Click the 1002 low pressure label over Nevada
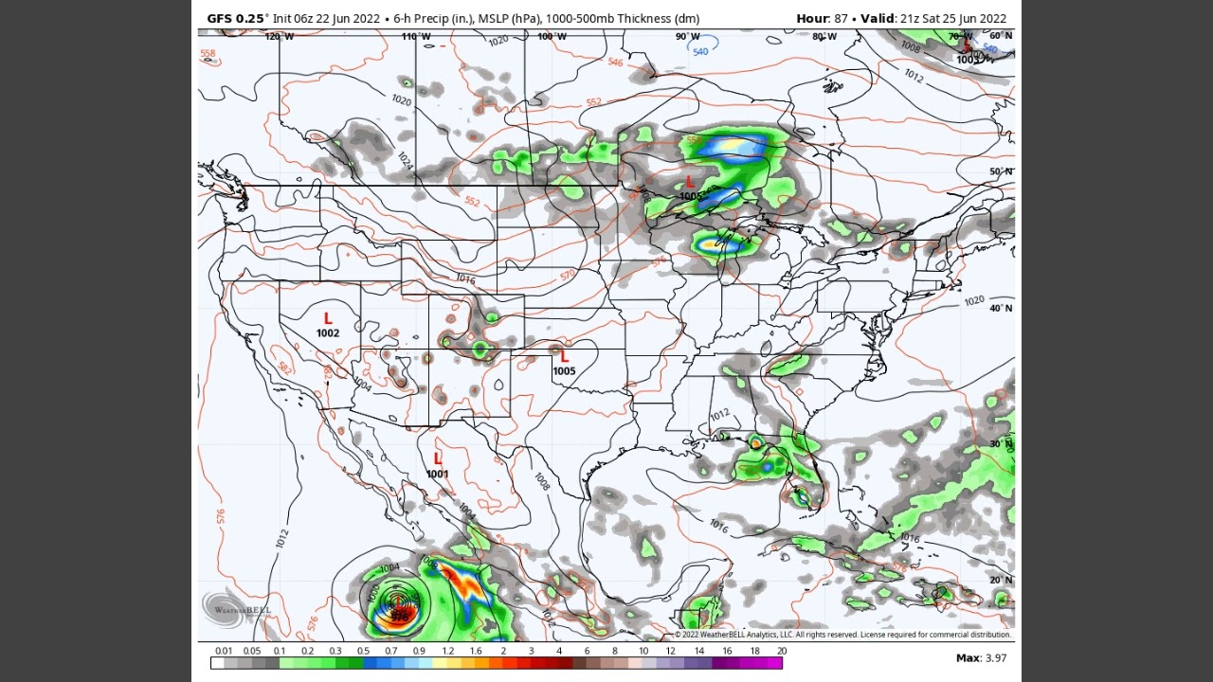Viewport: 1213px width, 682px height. pyautogui.click(x=328, y=333)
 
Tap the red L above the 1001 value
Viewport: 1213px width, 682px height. pyautogui.click(x=438, y=459)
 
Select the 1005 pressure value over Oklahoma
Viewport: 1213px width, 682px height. pyautogui.click(x=564, y=371)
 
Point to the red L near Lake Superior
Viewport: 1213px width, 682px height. pyautogui.click(x=690, y=182)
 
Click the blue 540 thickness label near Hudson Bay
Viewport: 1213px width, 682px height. pyautogui.click(x=700, y=52)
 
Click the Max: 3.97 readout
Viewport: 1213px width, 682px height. pyautogui.click(x=981, y=657)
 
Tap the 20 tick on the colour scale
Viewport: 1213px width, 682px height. pyautogui.click(x=782, y=651)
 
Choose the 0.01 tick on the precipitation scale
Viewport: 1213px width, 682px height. pyautogui.click(x=224, y=651)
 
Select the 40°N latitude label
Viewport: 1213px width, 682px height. pyautogui.click(x=1001, y=309)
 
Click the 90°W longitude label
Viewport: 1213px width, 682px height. pyautogui.click(x=687, y=37)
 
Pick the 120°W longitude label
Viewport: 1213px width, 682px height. pyautogui.click(x=279, y=37)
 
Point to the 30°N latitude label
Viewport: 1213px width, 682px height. pyautogui.click(x=1001, y=444)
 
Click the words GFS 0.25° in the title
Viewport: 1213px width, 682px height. pyautogui.click(x=237, y=18)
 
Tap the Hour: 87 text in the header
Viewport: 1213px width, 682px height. pyautogui.click(x=822, y=18)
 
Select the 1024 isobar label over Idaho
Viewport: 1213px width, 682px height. pyautogui.click(x=405, y=160)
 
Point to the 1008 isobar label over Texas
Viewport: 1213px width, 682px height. pyautogui.click(x=541, y=481)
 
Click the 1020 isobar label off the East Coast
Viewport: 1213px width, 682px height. pyautogui.click(x=973, y=301)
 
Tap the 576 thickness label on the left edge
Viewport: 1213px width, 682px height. pyautogui.click(x=221, y=516)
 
